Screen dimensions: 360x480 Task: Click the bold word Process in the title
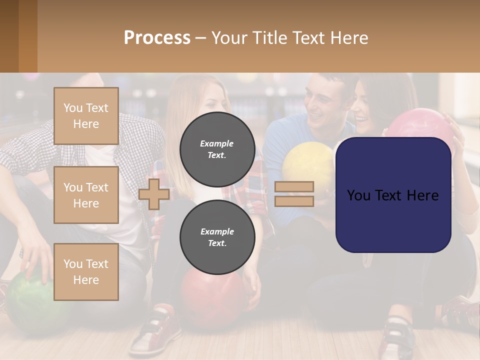pos(157,38)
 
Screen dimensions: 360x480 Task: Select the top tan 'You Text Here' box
pos(86,116)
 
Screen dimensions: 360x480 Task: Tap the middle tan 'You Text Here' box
pos(86,195)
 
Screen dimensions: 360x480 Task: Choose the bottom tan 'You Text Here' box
pos(86,271)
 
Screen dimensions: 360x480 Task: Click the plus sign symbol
pos(154,194)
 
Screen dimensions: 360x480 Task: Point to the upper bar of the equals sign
pos(294,186)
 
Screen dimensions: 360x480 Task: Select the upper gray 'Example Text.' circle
pos(217,149)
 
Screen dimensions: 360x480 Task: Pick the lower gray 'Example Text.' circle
pos(217,237)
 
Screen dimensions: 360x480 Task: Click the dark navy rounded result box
pos(393,195)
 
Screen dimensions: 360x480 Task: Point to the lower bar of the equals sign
pos(294,201)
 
